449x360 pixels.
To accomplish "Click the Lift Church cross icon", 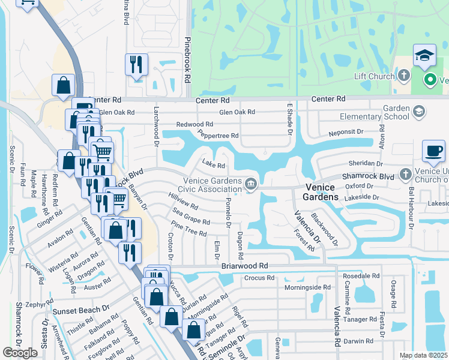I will (x=404, y=76).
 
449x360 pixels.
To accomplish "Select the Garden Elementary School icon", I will (x=419, y=111).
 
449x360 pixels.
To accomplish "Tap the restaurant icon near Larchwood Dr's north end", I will (x=136, y=64).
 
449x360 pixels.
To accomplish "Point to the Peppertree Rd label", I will (x=218, y=136).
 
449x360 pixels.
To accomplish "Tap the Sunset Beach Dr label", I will (x=80, y=311).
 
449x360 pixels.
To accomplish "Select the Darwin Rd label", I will (x=358, y=341).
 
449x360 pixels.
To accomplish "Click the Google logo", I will (x=20, y=353).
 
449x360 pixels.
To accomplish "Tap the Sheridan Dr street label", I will (x=362, y=163).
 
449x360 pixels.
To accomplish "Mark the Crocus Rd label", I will (x=259, y=278).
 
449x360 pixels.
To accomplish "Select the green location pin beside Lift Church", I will (x=430, y=79).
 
